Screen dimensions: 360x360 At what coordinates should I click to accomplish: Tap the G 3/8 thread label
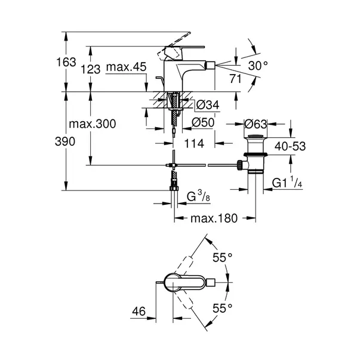(x=197, y=196)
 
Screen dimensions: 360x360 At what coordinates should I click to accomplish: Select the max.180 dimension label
(x=214, y=219)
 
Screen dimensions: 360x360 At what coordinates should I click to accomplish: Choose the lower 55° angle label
(x=222, y=309)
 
